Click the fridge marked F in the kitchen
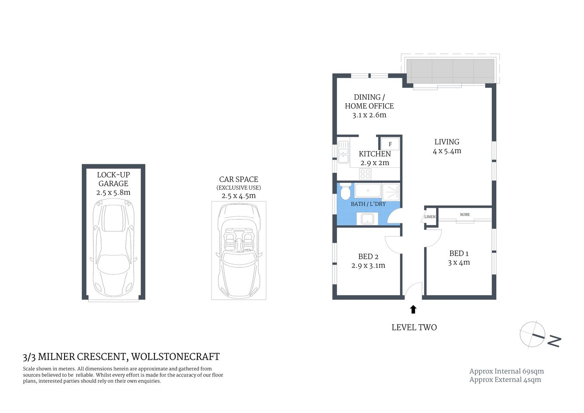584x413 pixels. point(390,144)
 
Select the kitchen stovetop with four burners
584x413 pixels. point(365,174)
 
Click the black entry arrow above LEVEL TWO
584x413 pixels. point(413,309)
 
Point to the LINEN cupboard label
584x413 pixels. point(430,217)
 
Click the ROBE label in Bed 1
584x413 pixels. point(465,214)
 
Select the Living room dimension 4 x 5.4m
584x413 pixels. point(447,151)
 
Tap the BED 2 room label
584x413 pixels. point(368,256)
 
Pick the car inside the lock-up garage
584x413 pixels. point(114,250)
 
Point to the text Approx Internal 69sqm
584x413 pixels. point(506,371)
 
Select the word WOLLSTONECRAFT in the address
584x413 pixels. point(175,357)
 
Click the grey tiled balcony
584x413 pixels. point(450,71)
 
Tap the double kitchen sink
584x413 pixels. point(343,152)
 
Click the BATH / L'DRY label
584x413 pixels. point(368,204)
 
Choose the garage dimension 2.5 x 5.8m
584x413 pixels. point(114,193)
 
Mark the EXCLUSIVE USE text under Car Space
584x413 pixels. point(239,188)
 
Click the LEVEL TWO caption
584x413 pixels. point(414,327)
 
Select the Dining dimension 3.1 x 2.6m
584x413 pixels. point(369,115)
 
